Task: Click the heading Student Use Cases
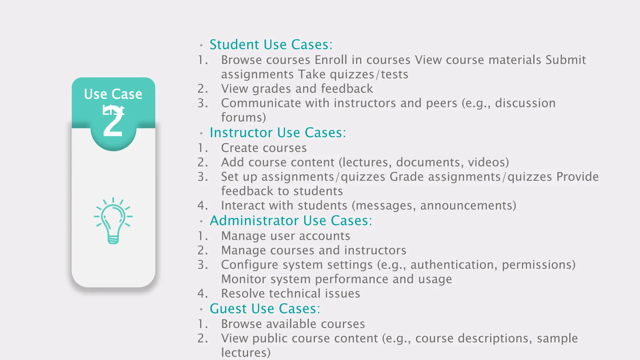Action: click(271, 45)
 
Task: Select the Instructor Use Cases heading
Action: click(277, 133)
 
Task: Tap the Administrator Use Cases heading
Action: click(291, 221)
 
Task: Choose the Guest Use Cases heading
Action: click(265, 309)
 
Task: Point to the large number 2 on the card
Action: click(113, 123)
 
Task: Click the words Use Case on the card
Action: click(113, 94)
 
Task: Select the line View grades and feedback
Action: click(297, 89)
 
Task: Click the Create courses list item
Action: click(264, 148)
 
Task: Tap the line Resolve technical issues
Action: click(290, 293)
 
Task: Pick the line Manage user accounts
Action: click(285, 236)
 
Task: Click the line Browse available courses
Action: click(293, 324)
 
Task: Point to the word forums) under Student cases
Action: click(243, 117)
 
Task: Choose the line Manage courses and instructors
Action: click(313, 250)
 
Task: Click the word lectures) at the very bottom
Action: click(246, 353)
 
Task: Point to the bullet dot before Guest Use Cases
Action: click(202, 309)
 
